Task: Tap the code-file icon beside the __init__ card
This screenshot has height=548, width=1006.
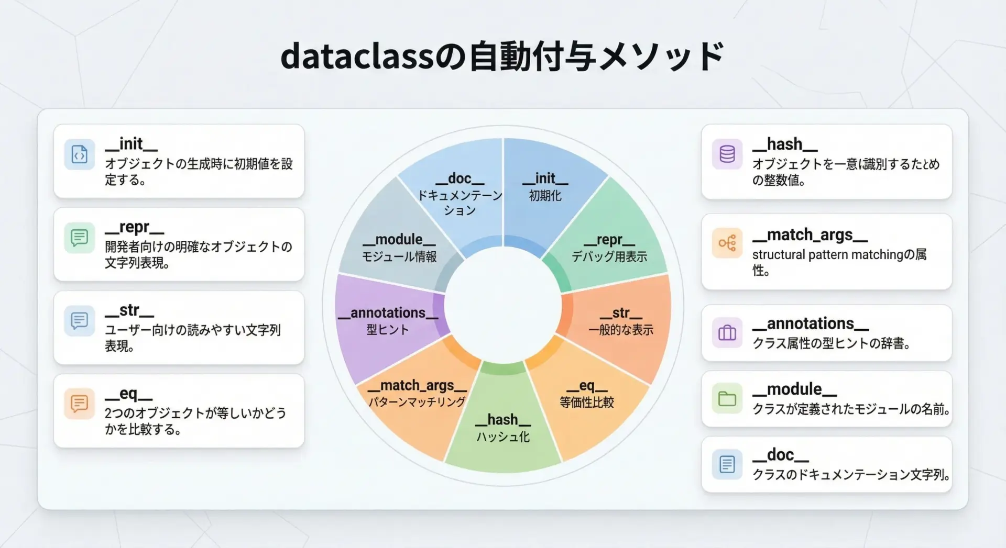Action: point(80,154)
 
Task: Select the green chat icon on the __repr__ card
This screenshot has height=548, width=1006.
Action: point(80,238)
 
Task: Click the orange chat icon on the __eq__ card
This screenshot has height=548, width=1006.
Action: point(80,404)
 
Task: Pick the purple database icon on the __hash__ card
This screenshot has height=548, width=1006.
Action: point(727,154)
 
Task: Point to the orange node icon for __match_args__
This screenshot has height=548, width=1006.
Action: point(727,243)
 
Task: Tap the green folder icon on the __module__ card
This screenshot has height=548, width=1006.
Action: point(727,398)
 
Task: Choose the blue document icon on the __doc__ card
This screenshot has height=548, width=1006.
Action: point(727,464)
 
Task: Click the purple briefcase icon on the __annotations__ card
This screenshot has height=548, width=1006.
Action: point(727,333)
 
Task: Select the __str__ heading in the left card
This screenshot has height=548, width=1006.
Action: point(129,310)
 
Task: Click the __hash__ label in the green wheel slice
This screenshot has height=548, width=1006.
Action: point(503,420)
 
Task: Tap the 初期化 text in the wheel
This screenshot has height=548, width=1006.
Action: point(545,196)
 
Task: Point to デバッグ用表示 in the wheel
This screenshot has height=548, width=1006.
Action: point(609,256)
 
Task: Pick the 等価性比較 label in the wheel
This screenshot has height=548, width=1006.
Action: point(587,402)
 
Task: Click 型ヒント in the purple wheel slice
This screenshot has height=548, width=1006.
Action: point(388,329)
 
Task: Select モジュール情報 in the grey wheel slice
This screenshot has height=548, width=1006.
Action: point(399,256)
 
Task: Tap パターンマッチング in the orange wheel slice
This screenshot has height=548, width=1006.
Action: point(417,402)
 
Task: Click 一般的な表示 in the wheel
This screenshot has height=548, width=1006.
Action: point(621,330)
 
